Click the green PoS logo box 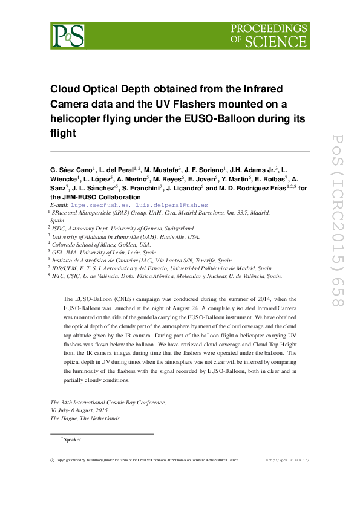tap(67, 36)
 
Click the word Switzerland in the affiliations tap(173, 229)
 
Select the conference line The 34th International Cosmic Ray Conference tap(108, 402)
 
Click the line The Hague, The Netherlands tap(85, 418)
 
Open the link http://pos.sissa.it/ tap(287, 460)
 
